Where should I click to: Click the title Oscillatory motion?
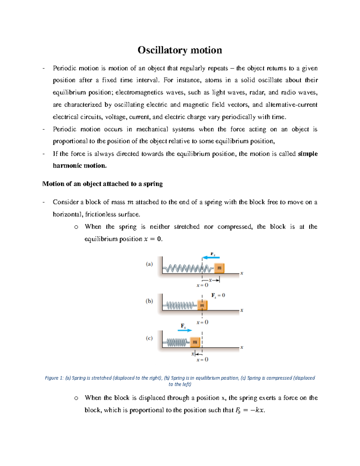[180, 50]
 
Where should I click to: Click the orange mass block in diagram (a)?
[219, 268]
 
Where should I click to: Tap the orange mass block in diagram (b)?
[202, 305]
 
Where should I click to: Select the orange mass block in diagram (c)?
[195, 342]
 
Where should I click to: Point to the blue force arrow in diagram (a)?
[211, 257]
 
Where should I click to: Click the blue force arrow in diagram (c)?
[185, 330]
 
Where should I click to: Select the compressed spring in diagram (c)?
[176, 342]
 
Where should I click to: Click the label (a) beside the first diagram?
[149, 264]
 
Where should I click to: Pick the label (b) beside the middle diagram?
[149, 301]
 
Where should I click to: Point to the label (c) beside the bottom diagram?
[149, 338]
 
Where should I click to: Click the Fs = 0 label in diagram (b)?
[218, 296]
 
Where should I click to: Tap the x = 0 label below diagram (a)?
[202, 285]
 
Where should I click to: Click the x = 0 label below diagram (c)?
[202, 359]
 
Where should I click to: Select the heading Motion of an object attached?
[103, 184]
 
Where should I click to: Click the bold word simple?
[307, 154]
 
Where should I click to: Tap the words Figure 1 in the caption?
[54, 378]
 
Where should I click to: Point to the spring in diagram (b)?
[180, 305]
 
